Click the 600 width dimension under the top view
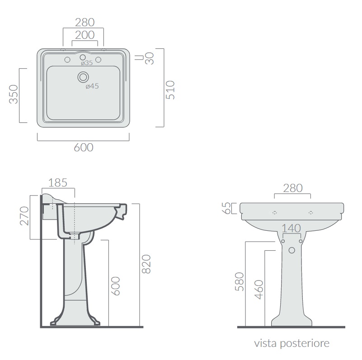coord(84,147)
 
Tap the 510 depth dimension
coord(170,90)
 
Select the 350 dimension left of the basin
coord(14,94)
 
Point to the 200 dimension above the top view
coord(85,35)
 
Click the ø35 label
coord(87,63)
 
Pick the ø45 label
coord(92,86)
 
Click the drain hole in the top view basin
coord(83,77)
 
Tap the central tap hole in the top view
coord(83,57)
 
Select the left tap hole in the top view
coord(67,60)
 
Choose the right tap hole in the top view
coord(99,60)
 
